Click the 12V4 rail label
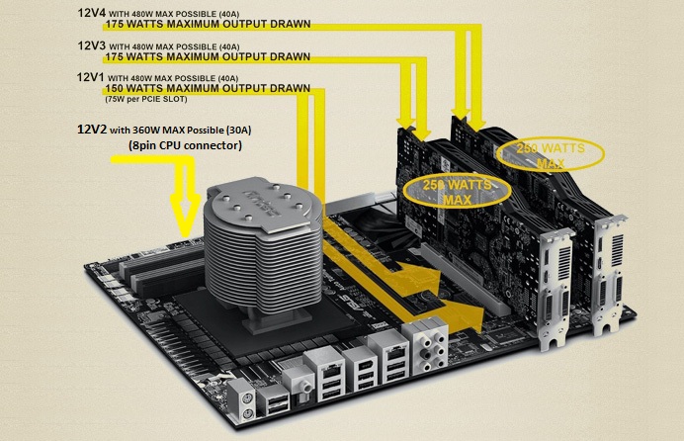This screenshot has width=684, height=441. click(92, 13)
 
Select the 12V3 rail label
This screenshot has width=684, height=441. click(92, 45)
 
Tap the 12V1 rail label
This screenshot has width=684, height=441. click(90, 77)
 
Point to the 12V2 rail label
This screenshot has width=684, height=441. click(92, 130)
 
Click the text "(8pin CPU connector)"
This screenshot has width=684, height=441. click(186, 145)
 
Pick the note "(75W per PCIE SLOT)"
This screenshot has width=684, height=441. click(146, 99)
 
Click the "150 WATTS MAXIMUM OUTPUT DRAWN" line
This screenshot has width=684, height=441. click(208, 89)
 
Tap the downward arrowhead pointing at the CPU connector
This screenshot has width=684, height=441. click(186, 216)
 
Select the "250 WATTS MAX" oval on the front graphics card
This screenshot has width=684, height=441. click(457, 192)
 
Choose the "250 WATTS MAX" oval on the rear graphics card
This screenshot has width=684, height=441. click(551, 154)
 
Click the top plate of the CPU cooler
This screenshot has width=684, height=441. click(261, 201)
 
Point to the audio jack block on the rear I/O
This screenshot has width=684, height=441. click(426, 344)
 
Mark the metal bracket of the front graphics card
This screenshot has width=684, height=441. click(555, 288)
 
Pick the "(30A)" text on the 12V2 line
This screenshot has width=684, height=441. click(238, 130)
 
